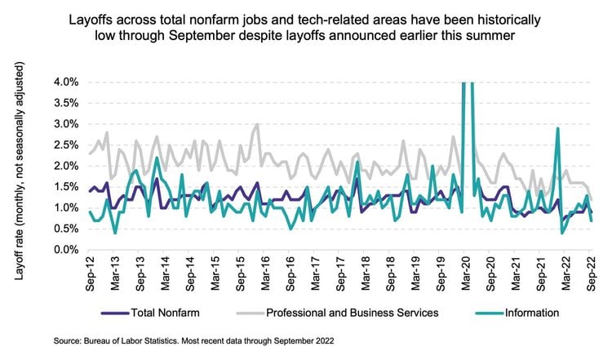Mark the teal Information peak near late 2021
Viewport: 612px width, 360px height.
pyautogui.click(x=557, y=128)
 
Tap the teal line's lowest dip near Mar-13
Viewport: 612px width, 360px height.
pyautogui.click(x=115, y=233)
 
